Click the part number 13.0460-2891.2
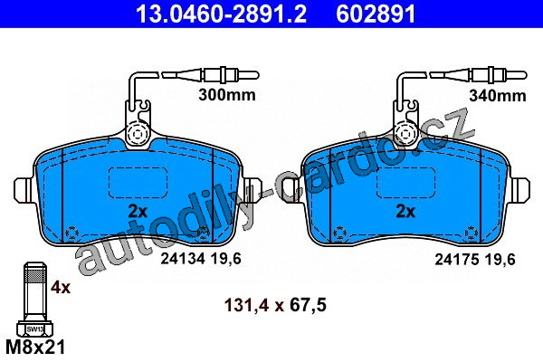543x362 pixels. pyautogui.click(x=221, y=14)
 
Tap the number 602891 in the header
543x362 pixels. pyautogui.click(x=376, y=14)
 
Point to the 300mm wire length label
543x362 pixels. pyautogui.click(x=227, y=95)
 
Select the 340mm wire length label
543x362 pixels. pyautogui.click(x=497, y=96)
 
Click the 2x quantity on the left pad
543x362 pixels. pyautogui.click(x=138, y=211)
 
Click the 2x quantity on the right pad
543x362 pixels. pyautogui.click(x=405, y=211)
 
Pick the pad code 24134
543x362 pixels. pyautogui.click(x=183, y=259)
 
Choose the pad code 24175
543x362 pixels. pyautogui.click(x=457, y=259)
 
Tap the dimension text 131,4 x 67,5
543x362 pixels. pyautogui.click(x=275, y=306)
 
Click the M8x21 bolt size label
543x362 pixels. pyautogui.click(x=35, y=348)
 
